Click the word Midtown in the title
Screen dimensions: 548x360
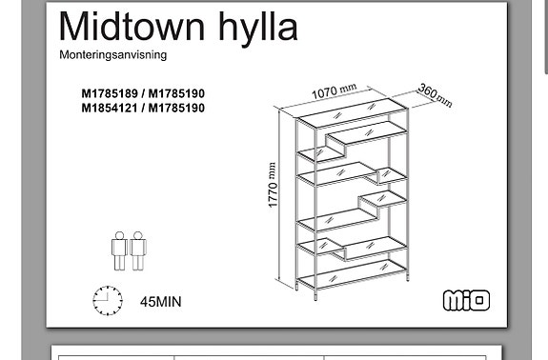[x=132, y=28]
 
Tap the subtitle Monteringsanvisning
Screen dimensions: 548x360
[x=112, y=55]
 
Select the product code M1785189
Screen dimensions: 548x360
[x=110, y=93]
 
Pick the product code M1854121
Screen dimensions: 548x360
[x=110, y=108]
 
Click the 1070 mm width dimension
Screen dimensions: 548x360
[x=334, y=91]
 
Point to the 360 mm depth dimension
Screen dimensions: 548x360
[x=435, y=94]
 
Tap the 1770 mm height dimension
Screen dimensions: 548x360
[x=273, y=185]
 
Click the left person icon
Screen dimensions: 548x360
[x=119, y=250]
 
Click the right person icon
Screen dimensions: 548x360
[x=138, y=250]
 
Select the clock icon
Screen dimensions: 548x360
[x=108, y=301]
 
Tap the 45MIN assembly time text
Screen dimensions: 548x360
[x=161, y=302]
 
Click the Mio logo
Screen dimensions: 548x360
[x=466, y=300]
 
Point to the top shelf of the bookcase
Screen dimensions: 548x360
[x=353, y=112]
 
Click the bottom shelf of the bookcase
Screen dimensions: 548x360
[x=353, y=273]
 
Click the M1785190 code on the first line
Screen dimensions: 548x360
[x=176, y=93]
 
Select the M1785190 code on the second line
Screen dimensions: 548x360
[x=176, y=108]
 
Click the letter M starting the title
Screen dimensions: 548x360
[x=72, y=28]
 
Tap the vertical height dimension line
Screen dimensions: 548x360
[x=279, y=195]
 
